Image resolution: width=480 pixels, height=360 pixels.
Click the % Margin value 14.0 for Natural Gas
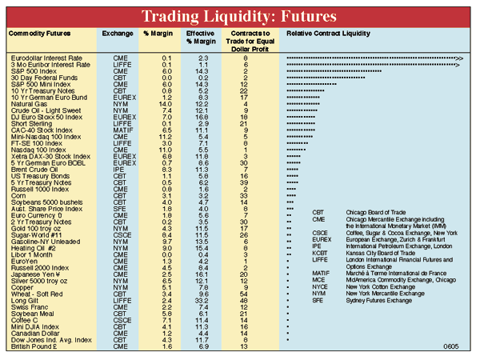tap(166, 104)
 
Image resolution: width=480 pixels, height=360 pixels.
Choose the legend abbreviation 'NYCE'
tap(320, 286)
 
